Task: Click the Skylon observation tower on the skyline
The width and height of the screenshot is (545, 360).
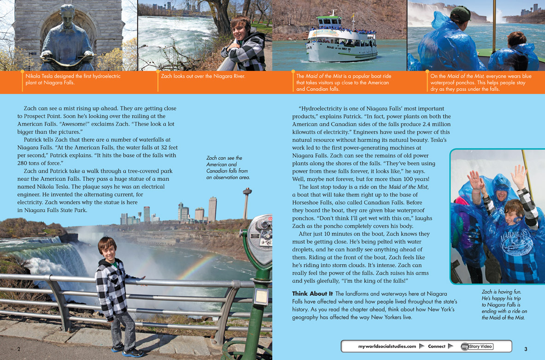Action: (247, 194)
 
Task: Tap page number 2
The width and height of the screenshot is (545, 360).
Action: (19, 349)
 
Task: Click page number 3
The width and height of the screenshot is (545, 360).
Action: (526, 349)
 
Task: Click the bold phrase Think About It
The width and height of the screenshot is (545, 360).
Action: (312, 294)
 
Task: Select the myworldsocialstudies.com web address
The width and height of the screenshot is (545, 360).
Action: (387, 346)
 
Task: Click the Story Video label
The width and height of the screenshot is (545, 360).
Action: (480, 346)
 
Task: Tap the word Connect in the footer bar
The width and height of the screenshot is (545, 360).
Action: (436, 346)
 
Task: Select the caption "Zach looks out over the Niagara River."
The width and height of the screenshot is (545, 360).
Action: (203, 76)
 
